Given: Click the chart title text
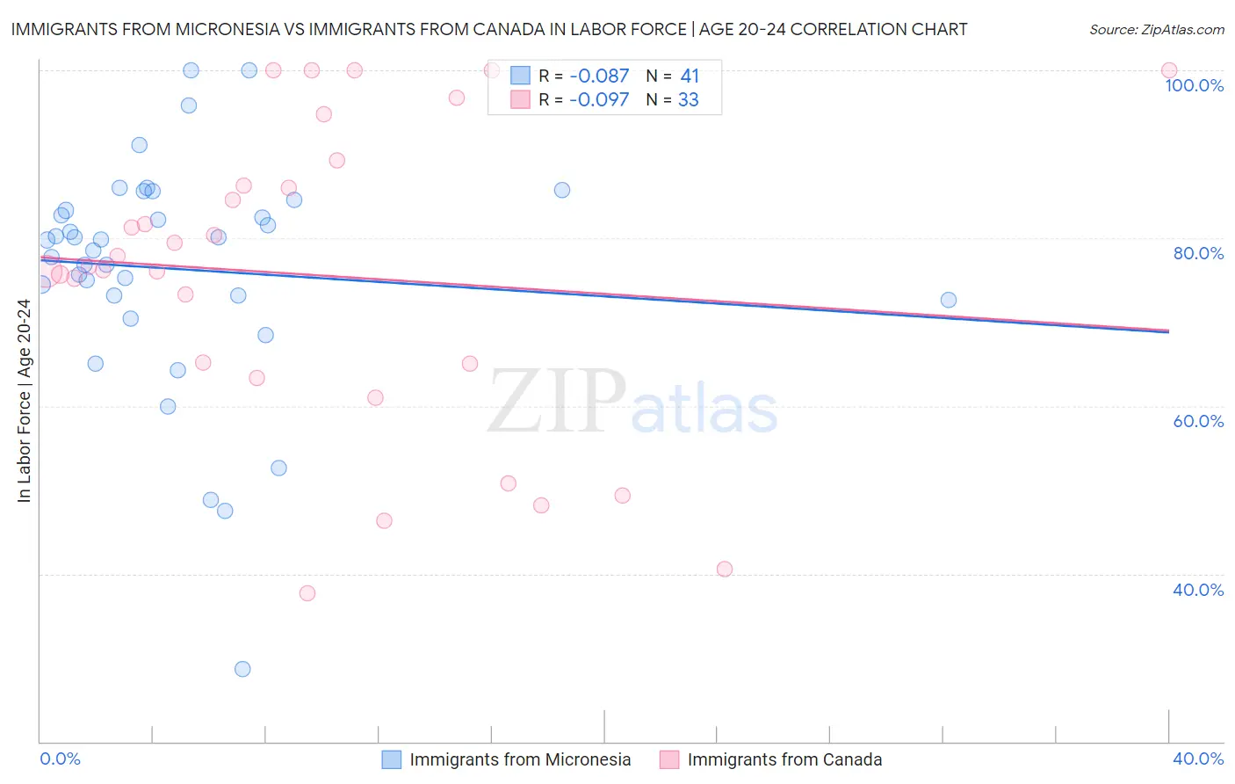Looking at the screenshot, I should pos(488,29).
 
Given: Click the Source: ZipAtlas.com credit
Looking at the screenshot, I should pos(1156,29).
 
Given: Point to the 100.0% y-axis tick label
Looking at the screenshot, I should pos(1194,85).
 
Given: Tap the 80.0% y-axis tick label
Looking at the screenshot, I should pos(1198,253).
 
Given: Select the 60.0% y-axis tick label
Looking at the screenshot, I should pos(1198,421).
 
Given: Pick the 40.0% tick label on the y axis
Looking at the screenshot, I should pos(1198,590).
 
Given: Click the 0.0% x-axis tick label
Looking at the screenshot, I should pos(61,759).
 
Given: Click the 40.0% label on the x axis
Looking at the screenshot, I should pos(1198,759).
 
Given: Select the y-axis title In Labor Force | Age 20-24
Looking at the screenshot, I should pos(25,401).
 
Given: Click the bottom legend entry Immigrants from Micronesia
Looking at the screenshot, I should pos(520,759).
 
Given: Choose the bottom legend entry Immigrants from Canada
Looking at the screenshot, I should pos(784,759).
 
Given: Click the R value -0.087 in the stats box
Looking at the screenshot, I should pos(599,76).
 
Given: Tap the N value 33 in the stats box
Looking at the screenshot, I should pos(689,100).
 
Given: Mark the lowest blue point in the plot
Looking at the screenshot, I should pos(242,669).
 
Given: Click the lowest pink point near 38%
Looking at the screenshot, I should pos(307,593).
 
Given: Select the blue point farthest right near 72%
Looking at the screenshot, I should pos(949,300).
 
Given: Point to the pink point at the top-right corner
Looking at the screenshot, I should pos(1169,70).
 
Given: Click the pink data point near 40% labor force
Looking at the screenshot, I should pos(725,569).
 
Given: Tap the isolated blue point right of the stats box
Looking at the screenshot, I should pos(562,190).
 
